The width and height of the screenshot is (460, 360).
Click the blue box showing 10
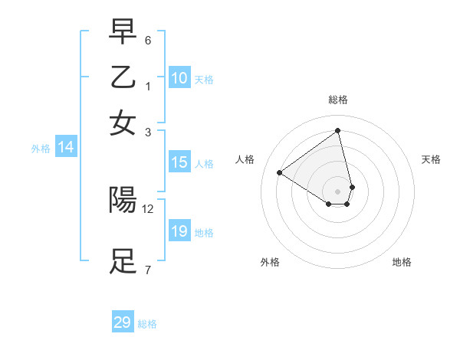pyautogui.click(x=179, y=78)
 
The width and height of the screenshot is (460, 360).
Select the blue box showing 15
pyautogui.click(x=179, y=162)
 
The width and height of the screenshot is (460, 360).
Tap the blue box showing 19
pyautogui.click(x=179, y=231)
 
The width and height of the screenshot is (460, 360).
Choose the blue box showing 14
pyautogui.click(x=65, y=148)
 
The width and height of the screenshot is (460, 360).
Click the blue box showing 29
pyautogui.click(x=122, y=322)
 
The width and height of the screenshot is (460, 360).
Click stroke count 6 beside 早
pyautogui.click(x=148, y=40)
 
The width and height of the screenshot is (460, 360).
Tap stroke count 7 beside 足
pyautogui.click(x=148, y=270)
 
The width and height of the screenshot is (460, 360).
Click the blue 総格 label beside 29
pyautogui.click(x=147, y=324)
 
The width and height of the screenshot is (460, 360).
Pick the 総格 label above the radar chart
pyautogui.click(x=337, y=100)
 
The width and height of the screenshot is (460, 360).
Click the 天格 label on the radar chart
pyautogui.click(x=431, y=159)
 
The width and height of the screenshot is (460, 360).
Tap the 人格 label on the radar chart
pyautogui.click(x=245, y=159)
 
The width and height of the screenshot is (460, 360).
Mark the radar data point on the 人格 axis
pyautogui.click(x=280, y=172)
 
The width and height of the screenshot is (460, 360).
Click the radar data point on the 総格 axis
pyautogui.click(x=337, y=131)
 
